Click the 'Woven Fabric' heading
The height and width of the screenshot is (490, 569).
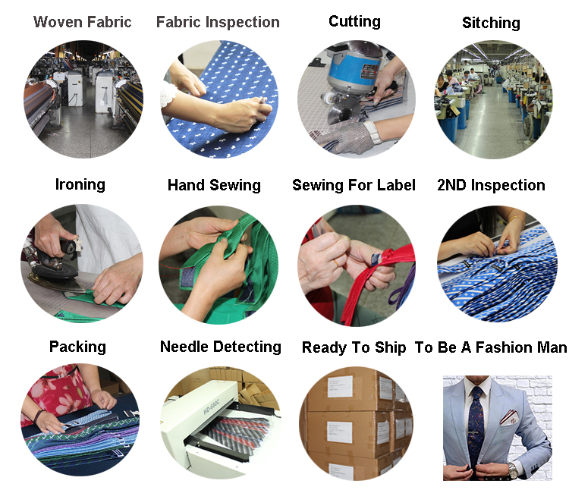click(x=83, y=22)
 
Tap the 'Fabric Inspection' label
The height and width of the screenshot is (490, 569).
click(x=218, y=22)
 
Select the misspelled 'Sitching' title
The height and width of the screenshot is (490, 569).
click(x=491, y=23)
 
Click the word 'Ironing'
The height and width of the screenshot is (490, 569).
click(x=80, y=184)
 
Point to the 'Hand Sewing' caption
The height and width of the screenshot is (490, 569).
click(x=214, y=185)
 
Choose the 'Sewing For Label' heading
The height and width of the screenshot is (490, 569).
click(x=354, y=185)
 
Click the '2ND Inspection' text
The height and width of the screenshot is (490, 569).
click(x=491, y=185)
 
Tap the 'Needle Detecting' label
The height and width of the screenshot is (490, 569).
click(x=221, y=347)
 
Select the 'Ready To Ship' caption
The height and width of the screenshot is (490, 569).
click(x=354, y=347)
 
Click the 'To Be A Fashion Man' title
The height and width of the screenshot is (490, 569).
click(x=491, y=347)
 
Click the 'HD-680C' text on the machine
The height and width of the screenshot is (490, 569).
click(x=211, y=407)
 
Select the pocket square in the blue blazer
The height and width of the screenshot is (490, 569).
click(x=510, y=416)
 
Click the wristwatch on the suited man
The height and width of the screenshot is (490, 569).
click(x=514, y=471)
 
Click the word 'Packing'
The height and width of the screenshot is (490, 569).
click(x=77, y=347)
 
